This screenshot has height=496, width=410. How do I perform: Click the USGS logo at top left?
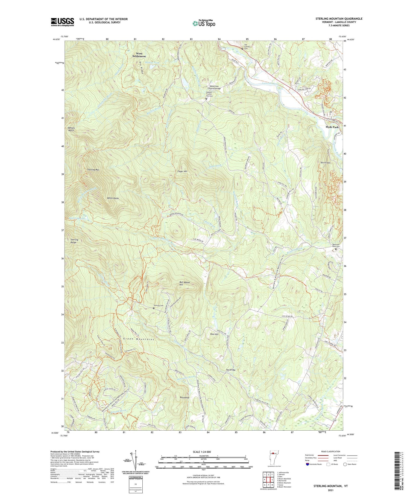[62, 22]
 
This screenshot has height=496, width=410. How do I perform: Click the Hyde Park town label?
[332, 127]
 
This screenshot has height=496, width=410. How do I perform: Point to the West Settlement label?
[139, 55]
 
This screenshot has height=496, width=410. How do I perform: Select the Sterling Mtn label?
[93, 170]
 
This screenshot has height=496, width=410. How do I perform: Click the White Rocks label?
[113, 198]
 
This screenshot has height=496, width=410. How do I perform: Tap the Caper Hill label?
[182, 171]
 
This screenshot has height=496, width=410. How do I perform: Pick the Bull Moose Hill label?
[184, 283]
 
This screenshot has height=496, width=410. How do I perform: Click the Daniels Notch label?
[71, 129]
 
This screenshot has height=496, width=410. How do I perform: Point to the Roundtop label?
[184, 397]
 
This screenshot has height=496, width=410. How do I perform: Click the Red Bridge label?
[231, 370]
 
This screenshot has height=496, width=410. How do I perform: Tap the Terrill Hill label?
[325, 163]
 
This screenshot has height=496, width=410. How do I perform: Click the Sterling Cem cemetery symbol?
[154, 308]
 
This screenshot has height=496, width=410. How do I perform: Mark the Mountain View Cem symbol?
[336, 249]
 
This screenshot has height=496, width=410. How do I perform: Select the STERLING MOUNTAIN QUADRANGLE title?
[339, 19]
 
